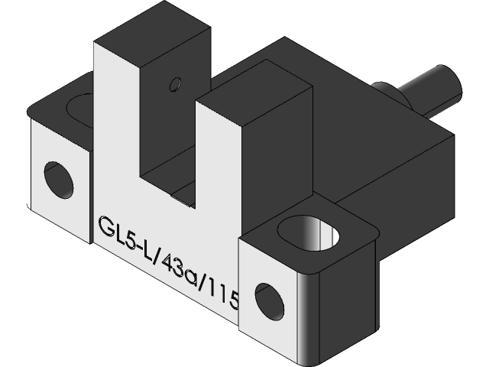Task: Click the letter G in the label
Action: (x=105, y=228)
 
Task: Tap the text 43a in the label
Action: (x=173, y=267)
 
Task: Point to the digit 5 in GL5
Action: (x=129, y=240)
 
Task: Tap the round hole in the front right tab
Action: (x=270, y=299)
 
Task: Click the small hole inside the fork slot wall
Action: (x=176, y=81)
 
